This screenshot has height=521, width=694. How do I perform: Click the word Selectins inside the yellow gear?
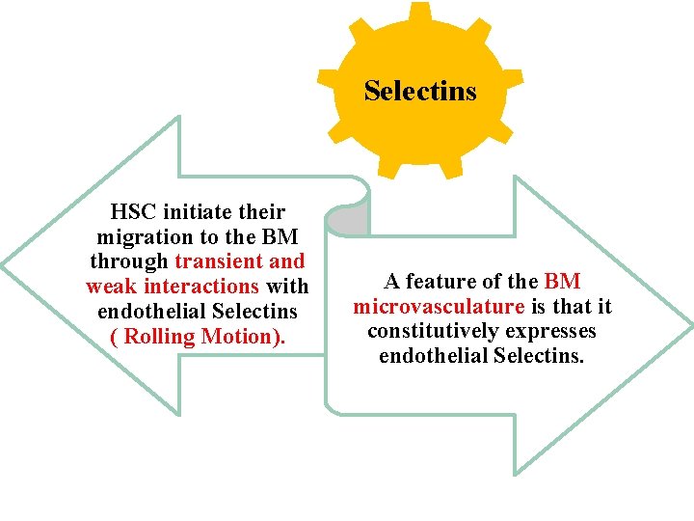tap(420, 92)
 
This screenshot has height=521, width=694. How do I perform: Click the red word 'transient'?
tap(217, 261)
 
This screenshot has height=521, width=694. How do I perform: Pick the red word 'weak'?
tap(109, 287)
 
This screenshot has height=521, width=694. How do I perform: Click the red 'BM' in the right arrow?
tap(562, 282)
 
